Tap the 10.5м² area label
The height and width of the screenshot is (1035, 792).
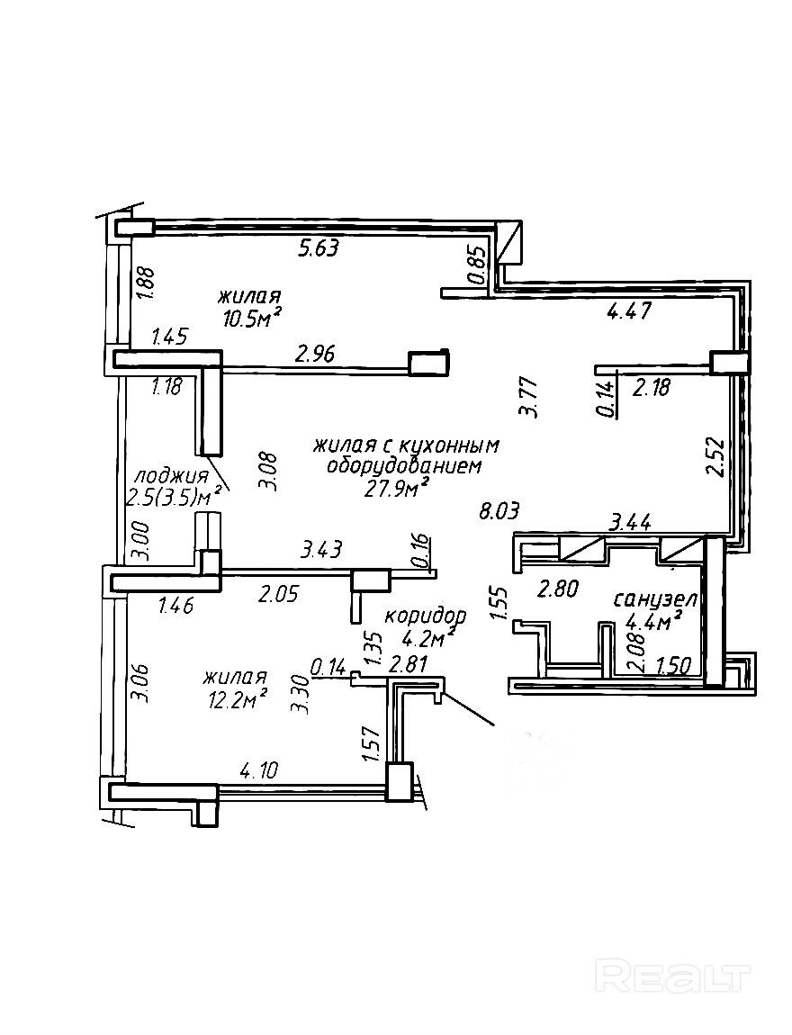251,317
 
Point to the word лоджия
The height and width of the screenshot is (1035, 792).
170,475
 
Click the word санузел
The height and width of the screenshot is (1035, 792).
656,599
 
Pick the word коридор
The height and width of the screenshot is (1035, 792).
425,616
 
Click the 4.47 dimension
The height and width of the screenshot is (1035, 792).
628,312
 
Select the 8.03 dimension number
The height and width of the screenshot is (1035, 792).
501,512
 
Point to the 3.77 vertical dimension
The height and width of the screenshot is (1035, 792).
530,397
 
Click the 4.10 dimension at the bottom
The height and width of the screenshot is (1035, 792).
258,770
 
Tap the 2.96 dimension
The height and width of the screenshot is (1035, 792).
315,354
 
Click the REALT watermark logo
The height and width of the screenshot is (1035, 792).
674,976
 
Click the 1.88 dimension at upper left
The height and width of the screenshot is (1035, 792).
145,283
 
